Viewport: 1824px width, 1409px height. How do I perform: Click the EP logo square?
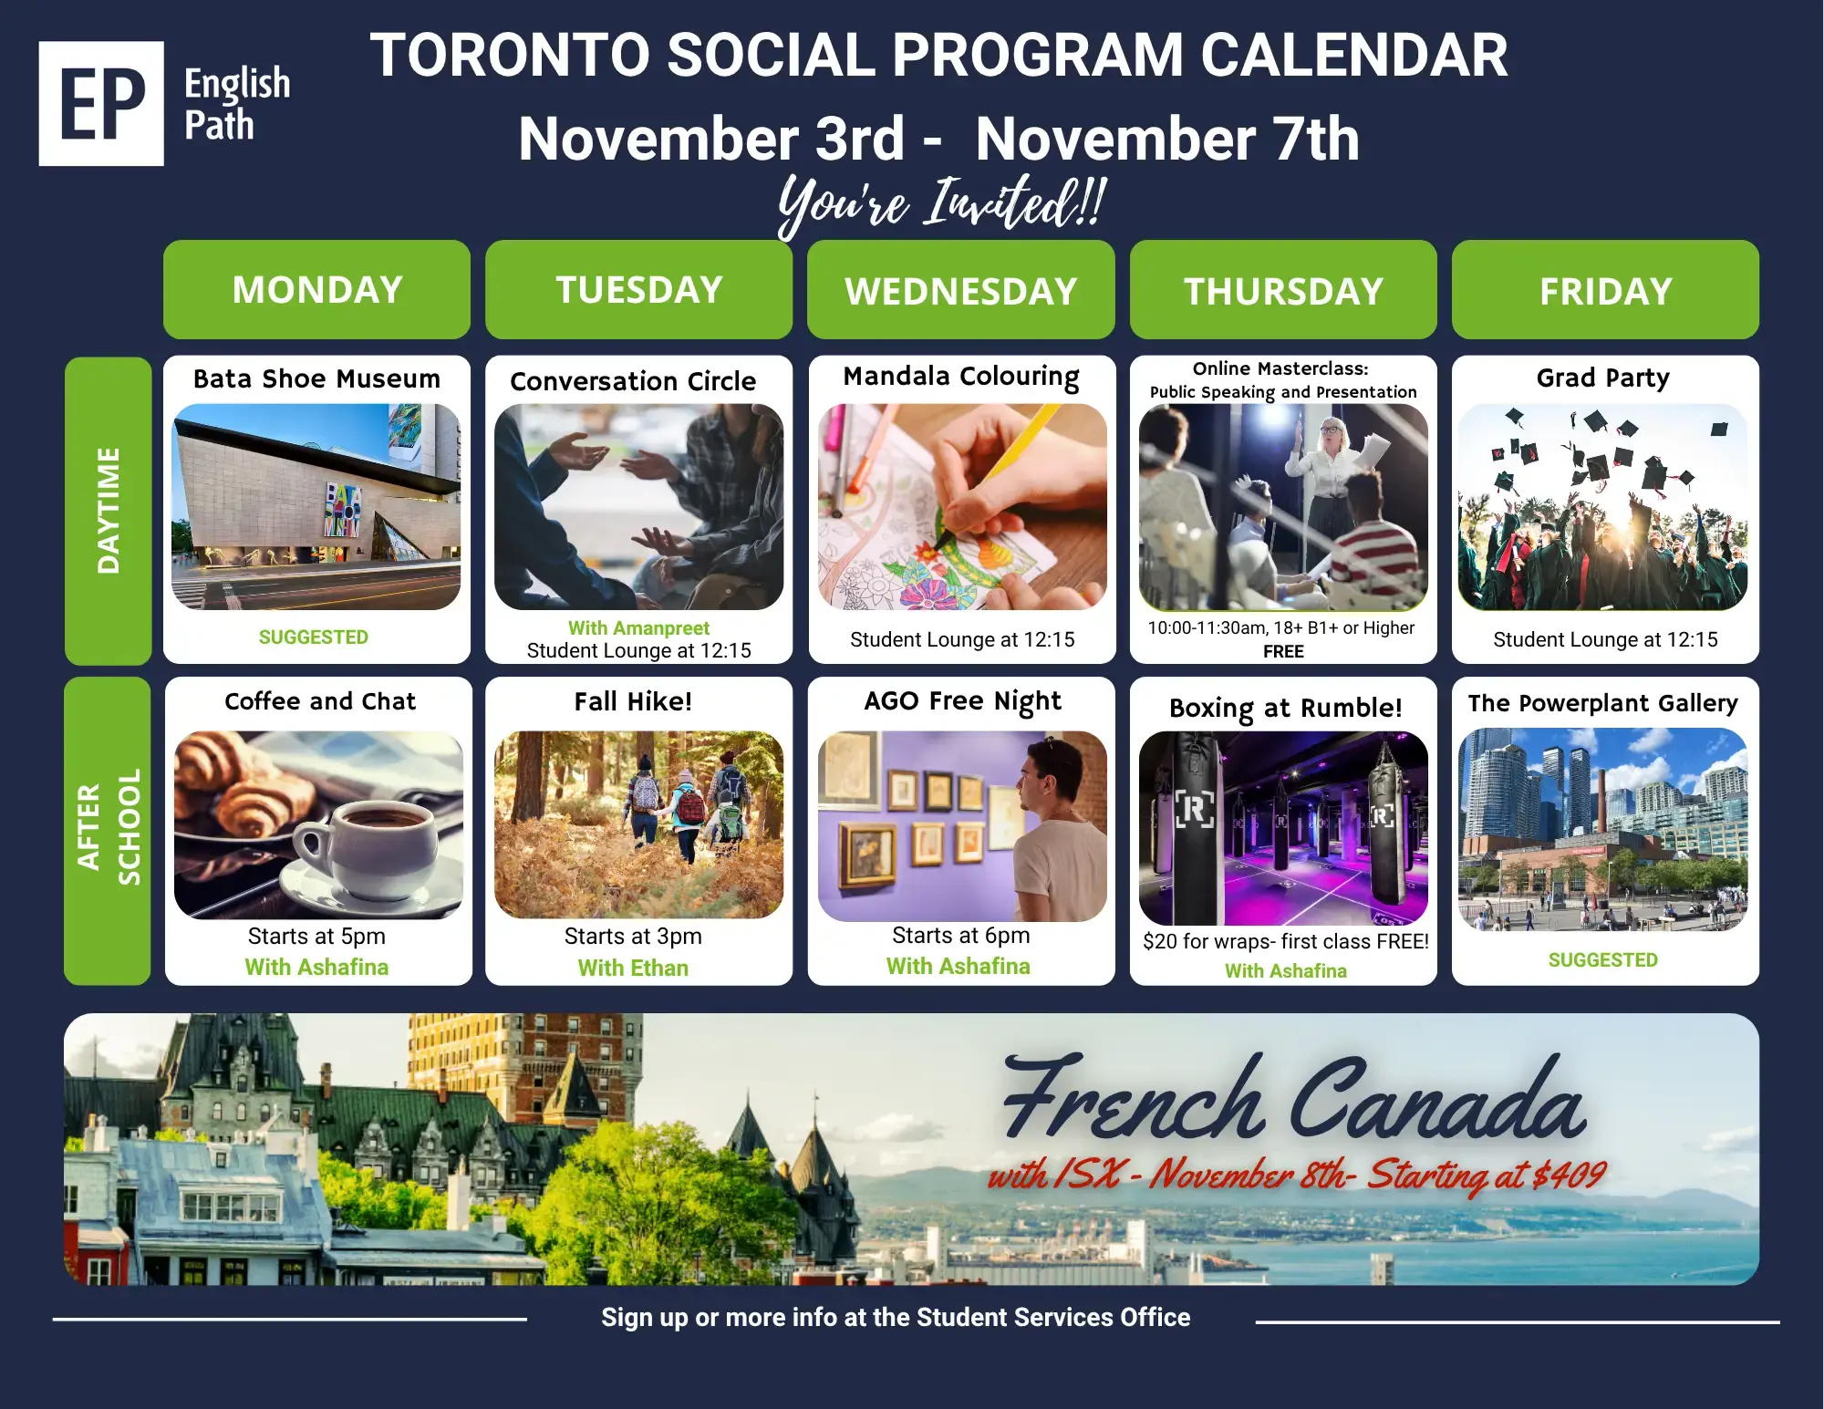coord(101,103)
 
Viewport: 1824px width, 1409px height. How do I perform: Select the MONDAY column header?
coord(316,290)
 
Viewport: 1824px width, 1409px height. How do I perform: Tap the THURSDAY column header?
coord(1283,290)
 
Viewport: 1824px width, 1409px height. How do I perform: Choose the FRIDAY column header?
coord(1605,290)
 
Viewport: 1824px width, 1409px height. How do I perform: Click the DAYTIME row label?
coord(108,511)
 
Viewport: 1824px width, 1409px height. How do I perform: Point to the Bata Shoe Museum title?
coord(316,378)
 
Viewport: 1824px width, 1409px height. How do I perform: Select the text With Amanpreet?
coord(638,628)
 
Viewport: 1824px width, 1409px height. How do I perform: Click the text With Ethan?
coord(633,968)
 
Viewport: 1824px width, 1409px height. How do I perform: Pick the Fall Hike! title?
coord(633,701)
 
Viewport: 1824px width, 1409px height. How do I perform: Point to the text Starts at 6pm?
coord(961,936)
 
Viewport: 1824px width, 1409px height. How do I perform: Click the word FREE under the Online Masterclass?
coord(1283,651)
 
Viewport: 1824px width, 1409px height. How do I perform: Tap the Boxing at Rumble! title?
coord(1285,708)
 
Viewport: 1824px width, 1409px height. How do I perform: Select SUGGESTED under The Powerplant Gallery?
coord(1602,959)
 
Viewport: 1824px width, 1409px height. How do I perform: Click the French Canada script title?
coord(1295,1099)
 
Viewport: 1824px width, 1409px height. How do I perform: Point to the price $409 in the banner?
coord(1569,1175)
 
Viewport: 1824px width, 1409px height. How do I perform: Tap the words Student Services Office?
coord(1053,1317)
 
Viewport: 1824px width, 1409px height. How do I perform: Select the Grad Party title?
coord(1602,378)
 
